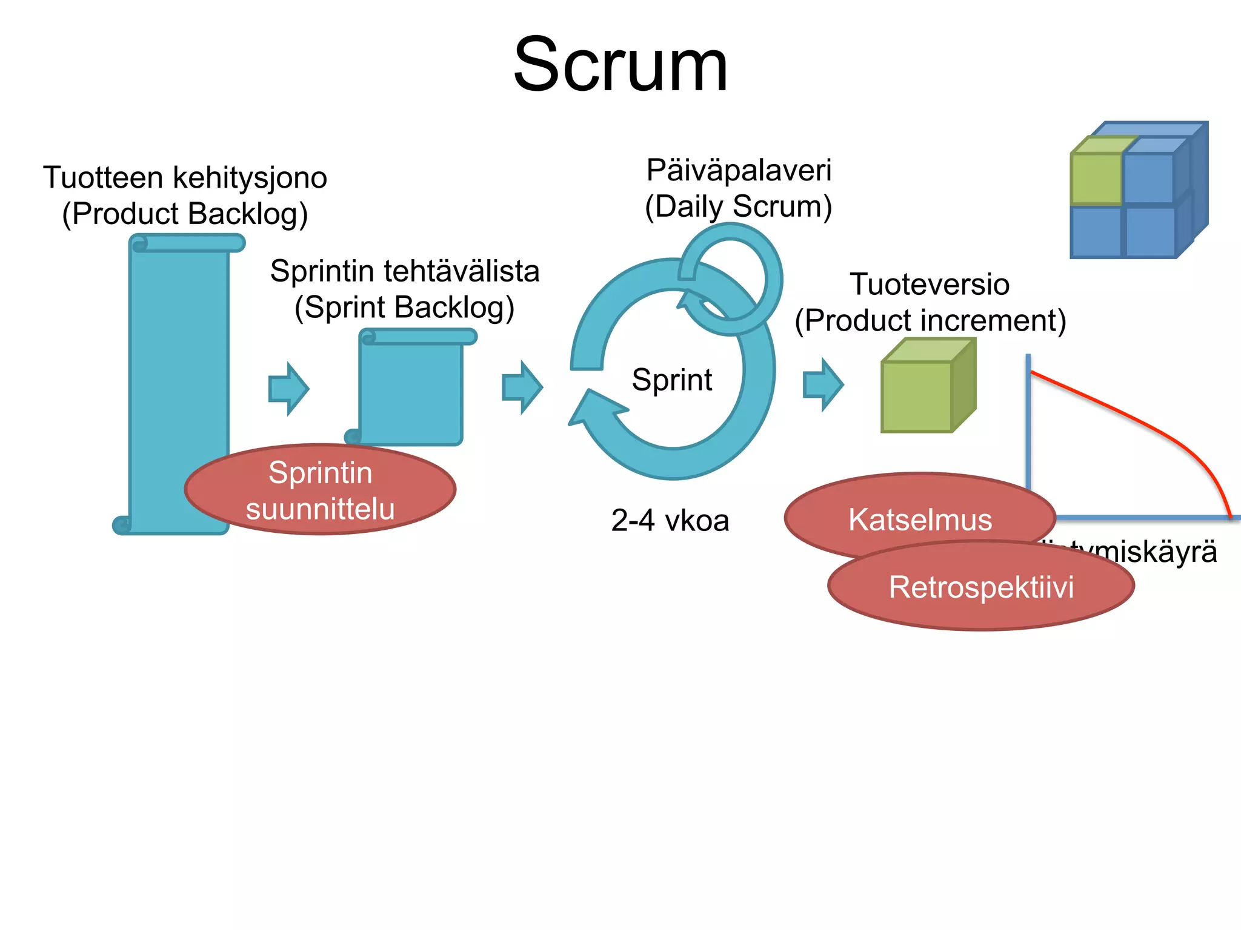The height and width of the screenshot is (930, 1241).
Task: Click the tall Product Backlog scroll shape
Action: coord(179,363)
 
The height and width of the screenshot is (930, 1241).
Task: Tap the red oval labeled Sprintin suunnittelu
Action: coord(320,490)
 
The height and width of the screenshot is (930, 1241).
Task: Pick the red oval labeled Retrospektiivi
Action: coord(980,587)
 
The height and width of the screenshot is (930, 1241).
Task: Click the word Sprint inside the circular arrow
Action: coord(671,380)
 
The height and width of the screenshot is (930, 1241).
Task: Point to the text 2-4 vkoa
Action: coord(670,520)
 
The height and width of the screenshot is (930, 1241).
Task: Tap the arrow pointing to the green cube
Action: coord(823,384)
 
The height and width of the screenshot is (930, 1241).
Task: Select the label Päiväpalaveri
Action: coord(738,170)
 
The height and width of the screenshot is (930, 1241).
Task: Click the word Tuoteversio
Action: coord(929,284)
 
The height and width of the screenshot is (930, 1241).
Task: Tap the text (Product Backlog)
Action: coord(185,214)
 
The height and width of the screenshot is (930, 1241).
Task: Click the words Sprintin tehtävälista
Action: coord(404,271)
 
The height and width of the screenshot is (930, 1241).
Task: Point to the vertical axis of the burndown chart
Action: coord(1028,424)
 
